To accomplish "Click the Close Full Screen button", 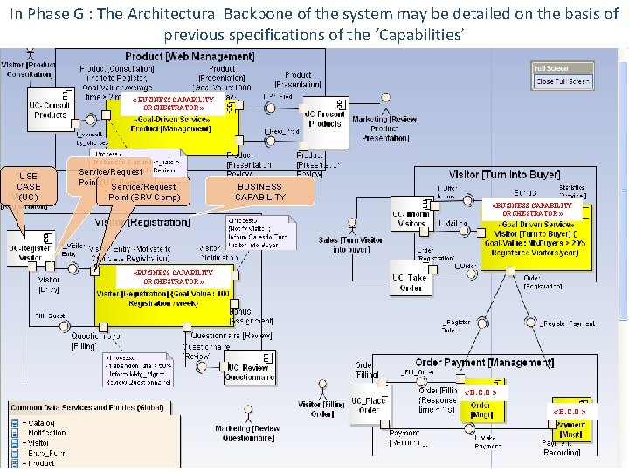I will pos(563,81).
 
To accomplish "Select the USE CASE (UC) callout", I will pos(29,186).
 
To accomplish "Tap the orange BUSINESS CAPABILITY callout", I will pos(259,191).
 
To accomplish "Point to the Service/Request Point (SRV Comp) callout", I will pos(144,191).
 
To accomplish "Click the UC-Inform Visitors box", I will pos(410,219).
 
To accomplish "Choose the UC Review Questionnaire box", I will pos(250,372).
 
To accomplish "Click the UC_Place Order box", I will pos(368,406).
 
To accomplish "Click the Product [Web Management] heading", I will pos(190,56).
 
